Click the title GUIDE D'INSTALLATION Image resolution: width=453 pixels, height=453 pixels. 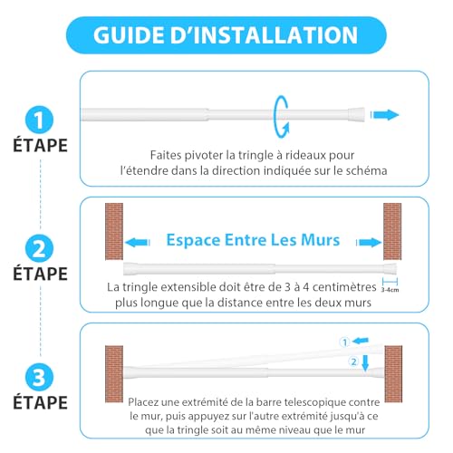coord(226,37)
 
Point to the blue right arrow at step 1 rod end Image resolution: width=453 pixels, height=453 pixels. coord(385,115)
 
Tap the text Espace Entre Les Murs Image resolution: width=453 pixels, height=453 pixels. coord(253,241)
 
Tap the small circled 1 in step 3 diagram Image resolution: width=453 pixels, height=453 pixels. coord(343,342)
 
